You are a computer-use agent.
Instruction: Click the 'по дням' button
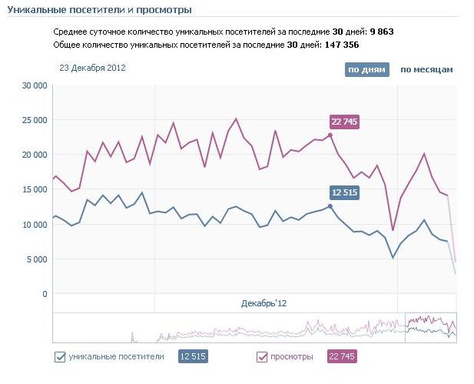click(x=367, y=69)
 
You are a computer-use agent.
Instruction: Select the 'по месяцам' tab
click(x=426, y=69)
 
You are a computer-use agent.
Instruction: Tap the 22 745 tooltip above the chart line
click(x=344, y=122)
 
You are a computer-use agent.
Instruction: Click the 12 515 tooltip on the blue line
click(x=344, y=192)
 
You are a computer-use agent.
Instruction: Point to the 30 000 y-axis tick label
click(x=34, y=85)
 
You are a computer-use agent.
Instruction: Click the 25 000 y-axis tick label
click(x=34, y=120)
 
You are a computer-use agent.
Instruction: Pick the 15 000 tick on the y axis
click(x=34, y=189)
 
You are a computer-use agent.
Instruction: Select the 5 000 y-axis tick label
click(x=36, y=259)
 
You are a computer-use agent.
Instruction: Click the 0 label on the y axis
click(x=45, y=294)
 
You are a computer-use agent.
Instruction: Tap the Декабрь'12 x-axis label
click(x=264, y=305)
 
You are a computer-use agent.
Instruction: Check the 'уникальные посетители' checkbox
click(x=60, y=356)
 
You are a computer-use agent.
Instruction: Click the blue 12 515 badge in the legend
click(x=194, y=356)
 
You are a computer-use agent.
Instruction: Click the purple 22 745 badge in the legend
click(x=342, y=356)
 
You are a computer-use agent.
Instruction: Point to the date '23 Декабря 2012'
click(x=92, y=68)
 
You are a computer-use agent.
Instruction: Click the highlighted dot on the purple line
click(x=330, y=135)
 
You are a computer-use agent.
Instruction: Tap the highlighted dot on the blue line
click(x=330, y=205)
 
